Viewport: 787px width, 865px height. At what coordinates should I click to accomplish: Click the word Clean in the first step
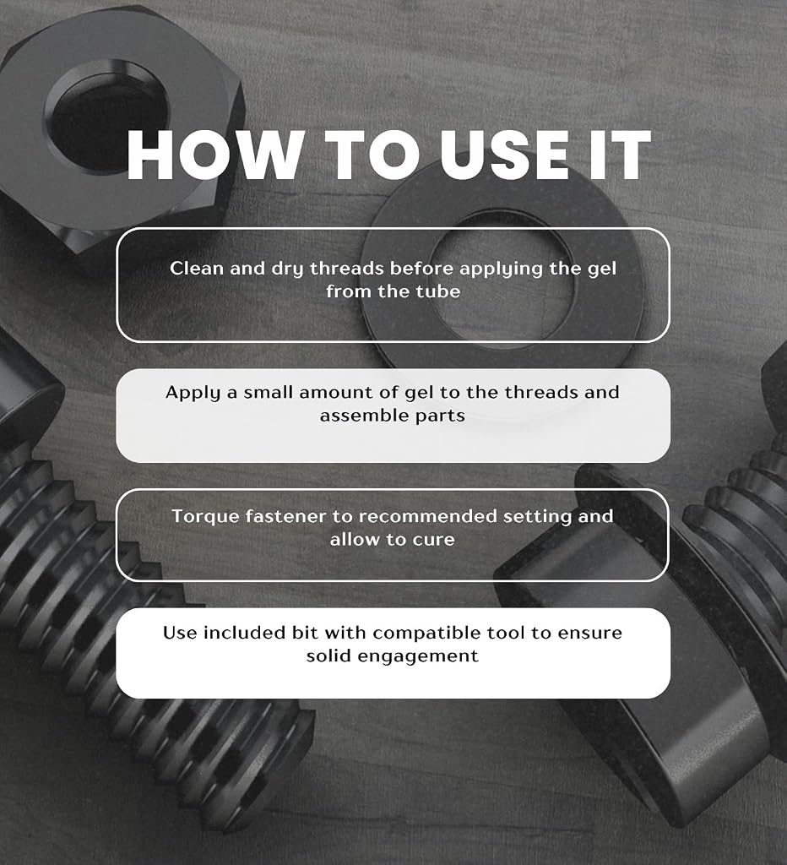coord(197,268)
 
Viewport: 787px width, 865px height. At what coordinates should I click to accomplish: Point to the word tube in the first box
coord(438,291)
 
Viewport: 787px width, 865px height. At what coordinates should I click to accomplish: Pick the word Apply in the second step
coord(193,394)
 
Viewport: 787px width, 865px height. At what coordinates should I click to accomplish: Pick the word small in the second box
coord(269,392)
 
